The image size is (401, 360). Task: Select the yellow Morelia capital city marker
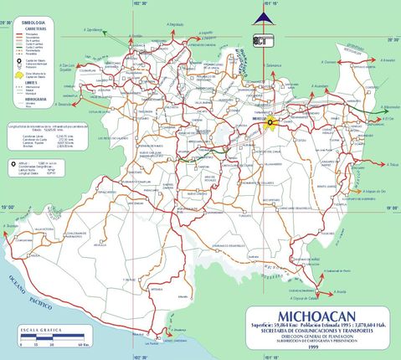[272, 122]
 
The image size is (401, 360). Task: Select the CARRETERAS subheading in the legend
[23, 27]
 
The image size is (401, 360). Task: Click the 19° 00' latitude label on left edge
[8, 206]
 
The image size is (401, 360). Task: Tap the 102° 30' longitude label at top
[139, 3]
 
